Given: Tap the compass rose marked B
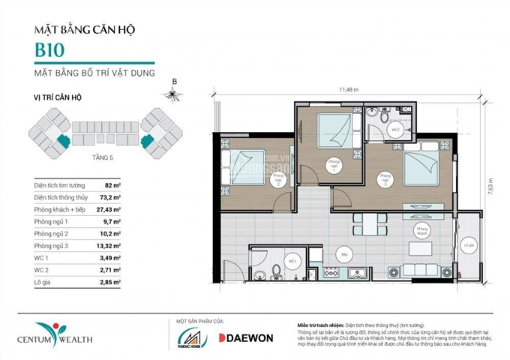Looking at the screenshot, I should (175, 94).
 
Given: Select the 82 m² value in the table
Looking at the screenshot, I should (112, 184).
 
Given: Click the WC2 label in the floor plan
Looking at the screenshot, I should (394, 128).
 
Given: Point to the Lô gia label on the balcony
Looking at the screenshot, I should (469, 244).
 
